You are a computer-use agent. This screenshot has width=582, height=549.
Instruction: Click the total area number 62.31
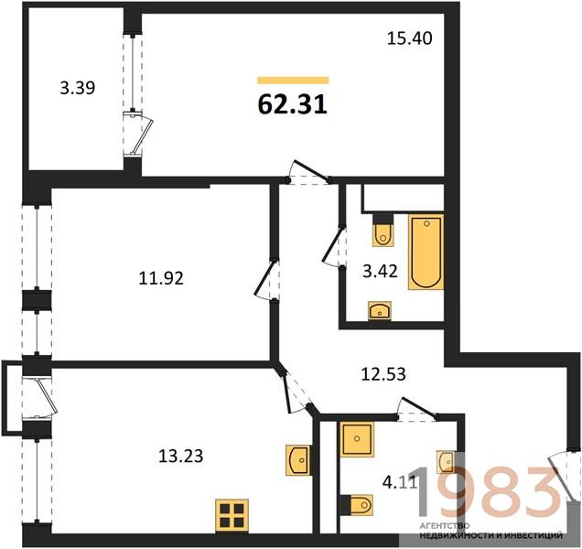click(293, 104)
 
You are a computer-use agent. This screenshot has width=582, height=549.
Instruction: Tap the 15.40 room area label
click(409, 38)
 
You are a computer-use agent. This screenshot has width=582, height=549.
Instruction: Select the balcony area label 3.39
click(78, 88)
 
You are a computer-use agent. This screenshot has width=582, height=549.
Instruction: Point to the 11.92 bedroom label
click(161, 278)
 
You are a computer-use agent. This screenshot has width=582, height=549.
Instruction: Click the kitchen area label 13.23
click(181, 456)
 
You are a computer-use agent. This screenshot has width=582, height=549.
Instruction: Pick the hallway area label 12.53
click(383, 374)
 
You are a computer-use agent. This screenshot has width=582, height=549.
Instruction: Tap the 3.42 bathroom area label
click(380, 272)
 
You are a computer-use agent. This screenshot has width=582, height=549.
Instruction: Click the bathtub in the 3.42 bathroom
click(426, 252)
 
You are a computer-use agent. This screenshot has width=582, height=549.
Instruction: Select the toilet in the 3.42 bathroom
click(383, 231)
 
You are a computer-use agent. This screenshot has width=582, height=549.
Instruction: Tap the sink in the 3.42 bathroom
click(380, 311)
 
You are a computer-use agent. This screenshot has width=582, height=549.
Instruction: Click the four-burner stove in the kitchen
click(232, 515)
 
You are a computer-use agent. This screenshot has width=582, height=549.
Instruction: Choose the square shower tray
click(357, 439)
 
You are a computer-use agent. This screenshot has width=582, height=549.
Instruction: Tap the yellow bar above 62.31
click(293, 81)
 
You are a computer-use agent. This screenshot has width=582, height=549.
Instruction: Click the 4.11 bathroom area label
click(400, 483)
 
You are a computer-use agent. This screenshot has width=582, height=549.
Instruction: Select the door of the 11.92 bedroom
click(266, 279)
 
